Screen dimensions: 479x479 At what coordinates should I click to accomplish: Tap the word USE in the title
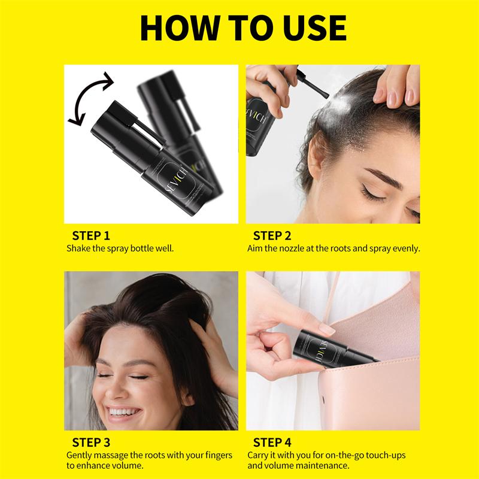coord(315,28)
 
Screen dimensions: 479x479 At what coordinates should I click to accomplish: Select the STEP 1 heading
coord(91,235)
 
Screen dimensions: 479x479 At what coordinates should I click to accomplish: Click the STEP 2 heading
coord(272,235)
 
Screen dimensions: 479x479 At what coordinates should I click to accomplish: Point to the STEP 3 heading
coord(91,442)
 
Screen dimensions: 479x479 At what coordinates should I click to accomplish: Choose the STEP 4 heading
coord(272,442)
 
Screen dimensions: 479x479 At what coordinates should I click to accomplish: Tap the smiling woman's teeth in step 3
coord(125,411)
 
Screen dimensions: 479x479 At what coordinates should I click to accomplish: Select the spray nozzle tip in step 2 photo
coord(326,95)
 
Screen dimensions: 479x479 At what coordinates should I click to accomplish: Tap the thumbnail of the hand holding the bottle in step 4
coord(326,329)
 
